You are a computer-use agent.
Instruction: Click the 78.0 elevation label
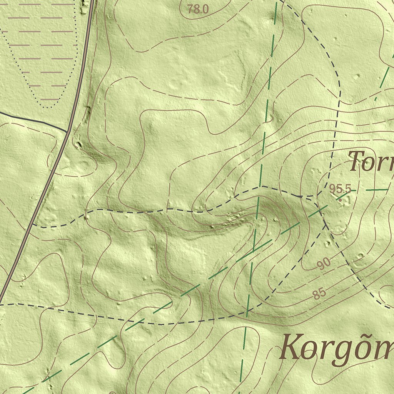[198, 9]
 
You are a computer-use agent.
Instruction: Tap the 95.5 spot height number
[340, 189]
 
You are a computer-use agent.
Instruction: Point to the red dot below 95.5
[340, 200]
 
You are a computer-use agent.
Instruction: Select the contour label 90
[324, 264]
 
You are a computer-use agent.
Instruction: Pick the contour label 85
[319, 294]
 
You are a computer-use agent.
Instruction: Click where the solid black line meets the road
[67, 131]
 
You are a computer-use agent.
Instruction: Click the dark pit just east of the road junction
[79, 145]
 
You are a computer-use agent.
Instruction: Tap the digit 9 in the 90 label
[321, 265]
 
